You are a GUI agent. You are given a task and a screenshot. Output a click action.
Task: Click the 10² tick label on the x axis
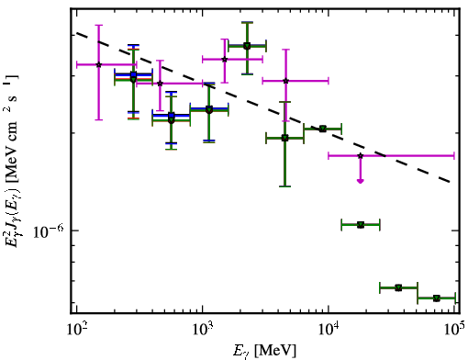coord(77,330)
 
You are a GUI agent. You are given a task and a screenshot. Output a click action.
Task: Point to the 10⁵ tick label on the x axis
coord(455,330)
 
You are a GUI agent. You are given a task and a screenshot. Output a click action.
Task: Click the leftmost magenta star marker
coord(98,64)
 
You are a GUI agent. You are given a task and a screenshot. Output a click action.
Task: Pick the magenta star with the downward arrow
coord(361,156)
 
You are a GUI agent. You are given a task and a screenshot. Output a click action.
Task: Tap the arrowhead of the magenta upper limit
coord(361,181)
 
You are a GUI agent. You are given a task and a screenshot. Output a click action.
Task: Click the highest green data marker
coord(247,46)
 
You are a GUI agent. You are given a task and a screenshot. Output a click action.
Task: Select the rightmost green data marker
coord(437,298)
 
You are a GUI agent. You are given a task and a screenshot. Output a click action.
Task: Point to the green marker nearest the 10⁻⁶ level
coord(361,225)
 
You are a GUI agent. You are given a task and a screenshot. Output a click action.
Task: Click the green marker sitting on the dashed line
coord(322,129)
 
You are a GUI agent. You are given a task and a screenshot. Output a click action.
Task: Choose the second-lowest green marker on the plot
coord(398,287)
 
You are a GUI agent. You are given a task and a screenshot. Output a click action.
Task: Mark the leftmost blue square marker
coord(133,74)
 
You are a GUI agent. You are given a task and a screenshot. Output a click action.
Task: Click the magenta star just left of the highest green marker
coord(225,59)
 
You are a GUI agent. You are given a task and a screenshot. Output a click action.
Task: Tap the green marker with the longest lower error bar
coord(284,138)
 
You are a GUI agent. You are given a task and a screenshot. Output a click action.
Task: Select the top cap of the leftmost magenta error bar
coord(98,25)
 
